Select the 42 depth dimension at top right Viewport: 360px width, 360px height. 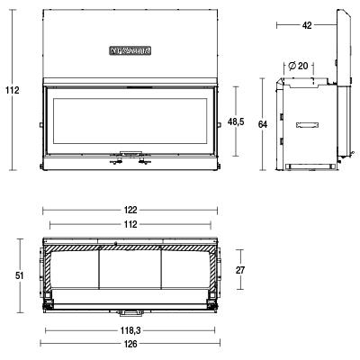(x=307, y=26)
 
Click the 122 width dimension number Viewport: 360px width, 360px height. (x=131, y=210)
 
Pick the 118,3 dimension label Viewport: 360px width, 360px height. (x=131, y=329)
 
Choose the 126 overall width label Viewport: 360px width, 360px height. (x=131, y=345)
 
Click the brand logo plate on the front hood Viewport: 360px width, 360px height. (x=132, y=51)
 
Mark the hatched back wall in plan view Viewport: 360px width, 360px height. (x=131, y=246)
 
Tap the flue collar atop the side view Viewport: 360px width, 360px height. (x=301, y=80)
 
